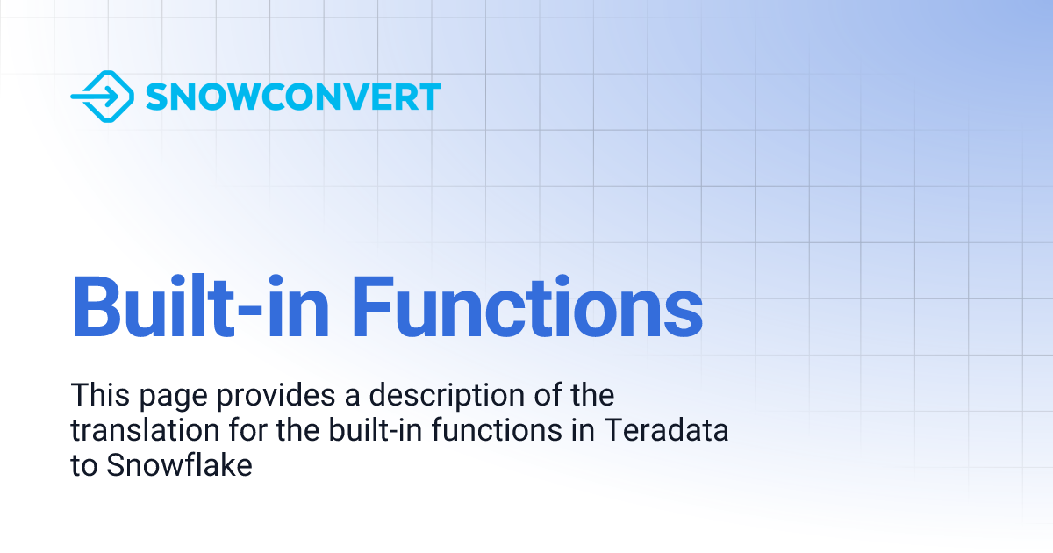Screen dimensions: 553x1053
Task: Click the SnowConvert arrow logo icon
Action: click(102, 96)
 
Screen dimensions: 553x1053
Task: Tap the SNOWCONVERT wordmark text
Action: click(293, 97)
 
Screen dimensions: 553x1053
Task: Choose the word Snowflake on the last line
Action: click(180, 465)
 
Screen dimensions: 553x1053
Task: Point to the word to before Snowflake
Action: click(84, 466)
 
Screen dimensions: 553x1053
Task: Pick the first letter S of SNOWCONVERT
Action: click(156, 97)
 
